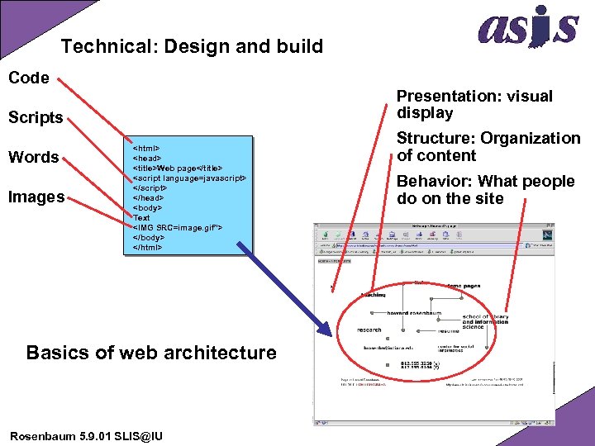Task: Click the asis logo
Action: [x=528, y=28]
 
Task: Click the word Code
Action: [x=29, y=78]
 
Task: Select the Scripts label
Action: [x=36, y=117]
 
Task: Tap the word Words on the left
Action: [x=33, y=157]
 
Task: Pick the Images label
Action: [x=36, y=197]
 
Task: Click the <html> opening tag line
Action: [x=146, y=149]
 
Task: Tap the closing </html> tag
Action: [x=148, y=246]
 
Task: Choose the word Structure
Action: [x=436, y=138]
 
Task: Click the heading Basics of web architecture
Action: [x=151, y=353]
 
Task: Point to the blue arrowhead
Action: [x=328, y=331]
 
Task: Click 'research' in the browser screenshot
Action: [x=369, y=330]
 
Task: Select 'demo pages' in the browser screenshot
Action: [x=464, y=286]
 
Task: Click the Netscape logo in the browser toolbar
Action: [x=547, y=237]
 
